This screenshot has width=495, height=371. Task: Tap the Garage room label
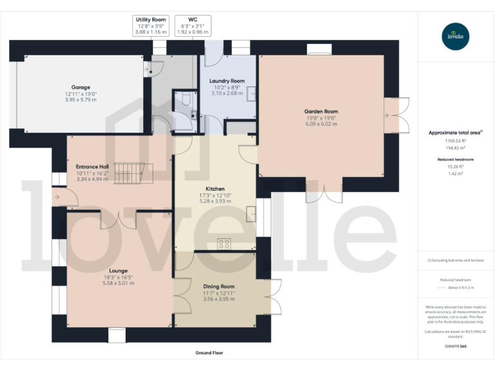click(x=81, y=87)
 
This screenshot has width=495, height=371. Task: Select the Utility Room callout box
click(x=150, y=26)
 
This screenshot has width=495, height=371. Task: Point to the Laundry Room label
click(x=228, y=81)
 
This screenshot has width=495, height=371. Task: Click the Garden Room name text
click(x=321, y=111)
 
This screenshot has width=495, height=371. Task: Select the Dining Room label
click(x=219, y=286)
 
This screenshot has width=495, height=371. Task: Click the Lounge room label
click(x=118, y=271)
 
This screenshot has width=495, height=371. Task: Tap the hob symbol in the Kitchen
click(x=224, y=243)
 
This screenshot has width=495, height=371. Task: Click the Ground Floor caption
click(x=209, y=353)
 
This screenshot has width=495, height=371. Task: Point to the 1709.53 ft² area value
click(x=456, y=141)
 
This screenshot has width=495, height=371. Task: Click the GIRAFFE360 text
click(x=456, y=347)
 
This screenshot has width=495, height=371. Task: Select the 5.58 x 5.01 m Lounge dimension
click(x=118, y=283)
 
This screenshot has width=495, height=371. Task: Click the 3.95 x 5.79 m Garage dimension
click(x=81, y=100)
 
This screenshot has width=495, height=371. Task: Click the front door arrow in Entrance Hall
click(x=57, y=198)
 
